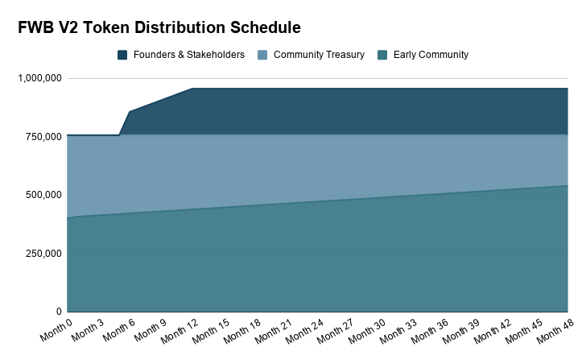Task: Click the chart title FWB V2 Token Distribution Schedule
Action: pos(159,27)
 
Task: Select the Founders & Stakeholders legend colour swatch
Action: pos(122,55)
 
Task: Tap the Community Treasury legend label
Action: pos(319,55)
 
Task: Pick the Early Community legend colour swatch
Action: pos(382,55)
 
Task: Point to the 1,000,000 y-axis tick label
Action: pos(39,78)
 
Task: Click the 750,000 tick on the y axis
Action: pos(43,136)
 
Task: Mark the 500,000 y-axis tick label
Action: pos(43,195)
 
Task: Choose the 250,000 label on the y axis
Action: pos(43,253)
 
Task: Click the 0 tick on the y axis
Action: pos(59,312)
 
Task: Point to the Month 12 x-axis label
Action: pos(180,332)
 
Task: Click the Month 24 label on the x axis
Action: pos(304,332)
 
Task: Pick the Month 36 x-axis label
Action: pos(430,332)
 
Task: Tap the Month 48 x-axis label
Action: pos(555,332)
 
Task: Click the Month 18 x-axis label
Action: pos(242,332)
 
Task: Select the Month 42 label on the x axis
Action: pos(493,332)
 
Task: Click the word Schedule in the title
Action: pos(266,27)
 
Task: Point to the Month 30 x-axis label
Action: pos(367,332)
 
